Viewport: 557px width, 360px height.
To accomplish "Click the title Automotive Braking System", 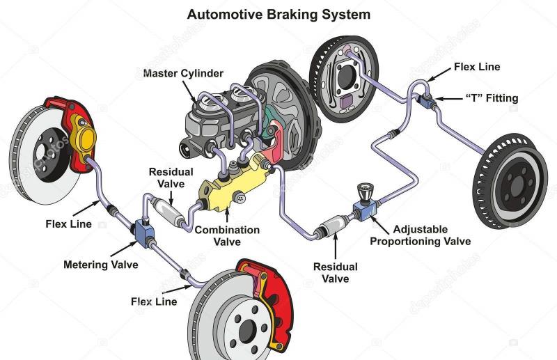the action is pos(278,15).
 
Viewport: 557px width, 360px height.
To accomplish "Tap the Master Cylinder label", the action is pos(183,73).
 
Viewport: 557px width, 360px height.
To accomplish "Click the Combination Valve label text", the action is pos(227,235).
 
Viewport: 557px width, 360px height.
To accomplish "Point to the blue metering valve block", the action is pos(145,231).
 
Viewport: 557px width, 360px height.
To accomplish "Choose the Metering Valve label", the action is pos(101,265).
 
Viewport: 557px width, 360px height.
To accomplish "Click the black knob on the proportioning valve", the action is pos(366,192).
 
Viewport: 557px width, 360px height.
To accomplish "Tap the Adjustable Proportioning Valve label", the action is pos(421,235).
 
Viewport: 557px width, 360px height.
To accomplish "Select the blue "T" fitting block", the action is pos(426,100).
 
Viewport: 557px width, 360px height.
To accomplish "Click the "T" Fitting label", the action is pos(492,98).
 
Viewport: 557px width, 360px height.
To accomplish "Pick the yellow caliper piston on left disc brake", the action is pos(85,141).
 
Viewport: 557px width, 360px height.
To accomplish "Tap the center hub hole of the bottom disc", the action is pos(248,331).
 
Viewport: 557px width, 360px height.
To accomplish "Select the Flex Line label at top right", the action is pos(477,67).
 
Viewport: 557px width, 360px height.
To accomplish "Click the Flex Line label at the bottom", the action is pos(154,302).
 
